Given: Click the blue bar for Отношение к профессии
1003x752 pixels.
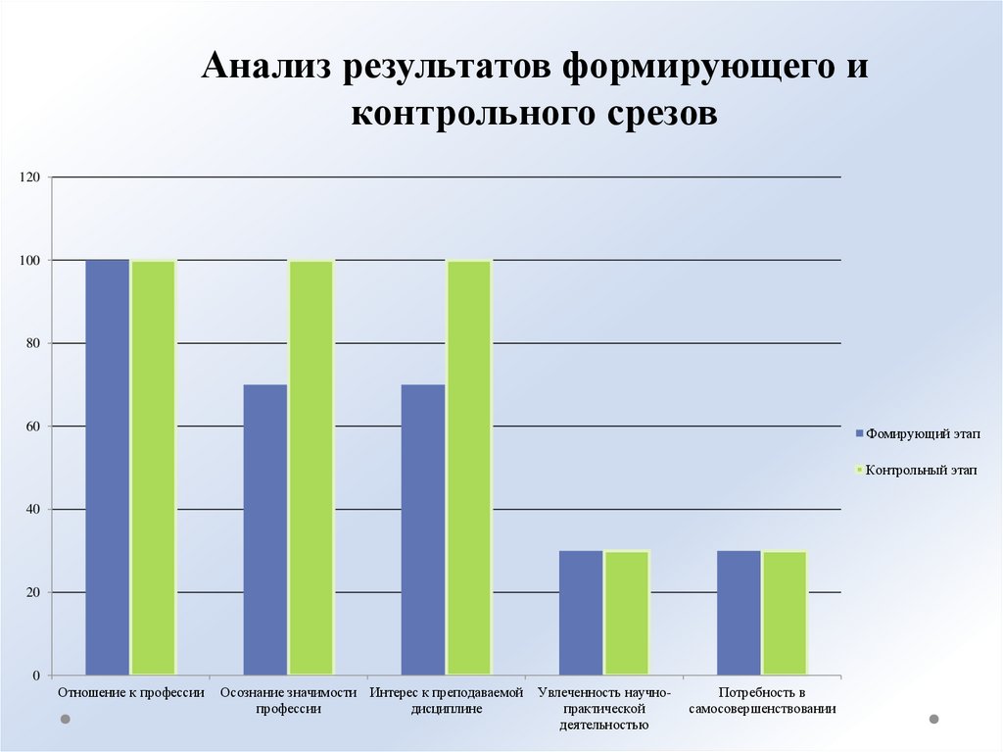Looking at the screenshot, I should (108, 467).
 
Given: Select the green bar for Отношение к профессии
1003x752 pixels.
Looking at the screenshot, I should (154, 467).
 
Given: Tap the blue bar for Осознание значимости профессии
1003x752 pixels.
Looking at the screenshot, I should (265, 529).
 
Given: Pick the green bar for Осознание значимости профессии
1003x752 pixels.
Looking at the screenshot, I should (311, 467).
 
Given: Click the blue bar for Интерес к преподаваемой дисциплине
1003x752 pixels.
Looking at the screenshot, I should (423, 529).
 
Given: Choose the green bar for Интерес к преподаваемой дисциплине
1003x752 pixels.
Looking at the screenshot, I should (469, 467).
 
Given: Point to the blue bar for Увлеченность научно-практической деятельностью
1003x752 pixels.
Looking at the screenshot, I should (581, 613).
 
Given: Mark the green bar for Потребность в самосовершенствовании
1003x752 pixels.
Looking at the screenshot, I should (785, 613).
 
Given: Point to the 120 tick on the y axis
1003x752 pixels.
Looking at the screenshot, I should (28, 177).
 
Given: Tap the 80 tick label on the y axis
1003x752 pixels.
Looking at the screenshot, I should (32, 343).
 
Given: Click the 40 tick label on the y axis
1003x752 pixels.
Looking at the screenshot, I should (32, 509).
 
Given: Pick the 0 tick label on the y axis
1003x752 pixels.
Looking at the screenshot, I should (36, 676).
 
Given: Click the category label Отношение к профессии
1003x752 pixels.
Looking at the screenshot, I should (131, 693).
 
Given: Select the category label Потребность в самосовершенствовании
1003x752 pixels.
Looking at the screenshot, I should (762, 701).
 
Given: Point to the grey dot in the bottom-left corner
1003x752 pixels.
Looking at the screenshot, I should (66, 720).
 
